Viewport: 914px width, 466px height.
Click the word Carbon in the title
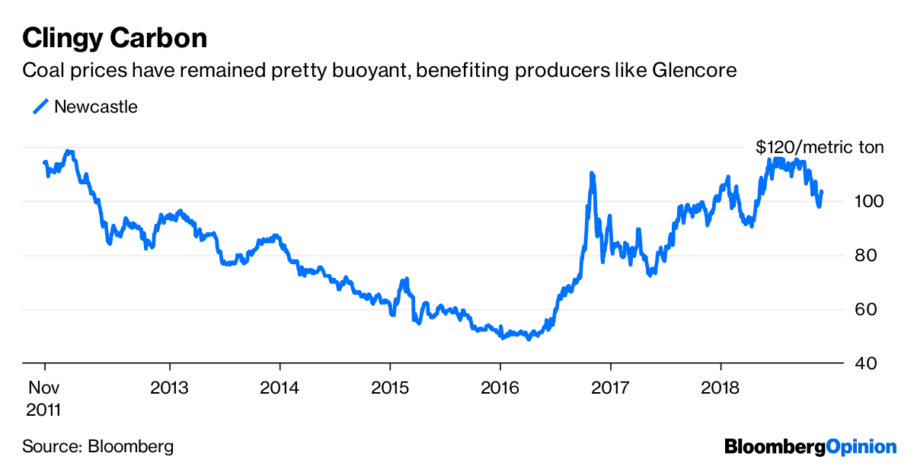(161, 37)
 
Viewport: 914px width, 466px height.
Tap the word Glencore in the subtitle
(695, 71)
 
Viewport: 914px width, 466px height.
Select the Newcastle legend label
(96, 107)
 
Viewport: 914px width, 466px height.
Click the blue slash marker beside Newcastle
(40, 107)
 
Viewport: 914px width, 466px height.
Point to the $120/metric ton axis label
(820, 147)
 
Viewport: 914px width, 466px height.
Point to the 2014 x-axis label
(280, 386)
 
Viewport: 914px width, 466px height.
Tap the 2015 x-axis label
(390, 386)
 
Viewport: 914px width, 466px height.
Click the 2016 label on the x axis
(500, 386)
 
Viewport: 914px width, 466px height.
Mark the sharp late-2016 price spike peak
(592, 174)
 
